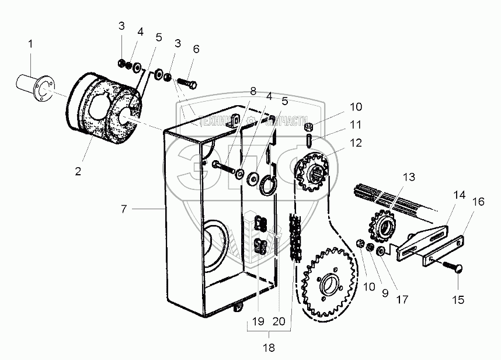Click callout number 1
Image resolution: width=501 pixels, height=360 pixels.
[x=30, y=44]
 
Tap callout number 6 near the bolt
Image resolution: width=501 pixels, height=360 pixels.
[x=196, y=50]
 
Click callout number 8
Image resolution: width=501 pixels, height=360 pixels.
[x=253, y=92]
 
